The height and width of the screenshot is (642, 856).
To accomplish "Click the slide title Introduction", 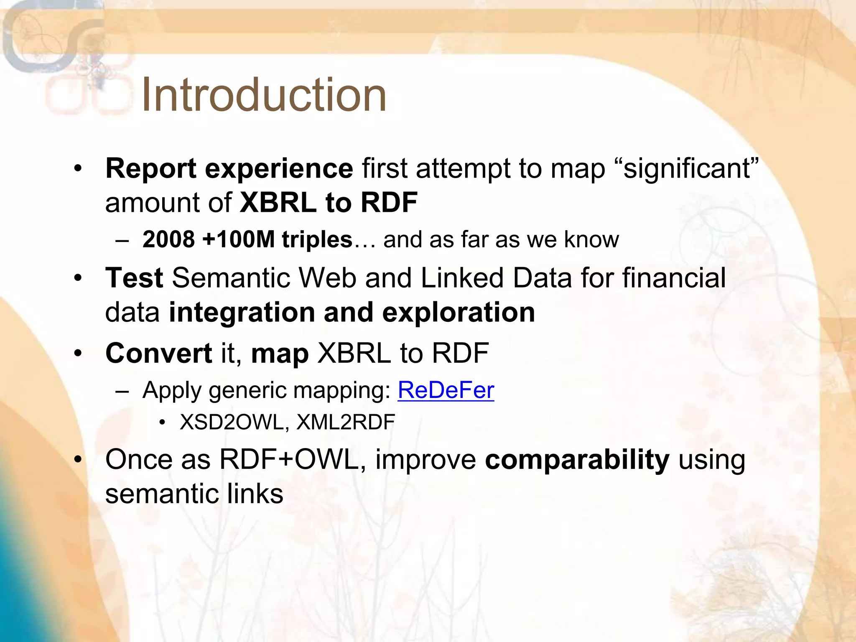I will click(x=264, y=95).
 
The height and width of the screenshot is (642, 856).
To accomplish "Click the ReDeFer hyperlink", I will click(x=446, y=390).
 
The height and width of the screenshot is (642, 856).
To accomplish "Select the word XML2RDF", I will click(x=345, y=422).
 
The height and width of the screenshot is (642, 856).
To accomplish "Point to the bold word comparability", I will click(x=577, y=460).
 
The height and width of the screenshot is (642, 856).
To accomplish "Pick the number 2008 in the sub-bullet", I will click(x=168, y=239).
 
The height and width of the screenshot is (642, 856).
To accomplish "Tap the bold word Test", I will click(x=134, y=278).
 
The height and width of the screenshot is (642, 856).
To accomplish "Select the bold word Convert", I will click(x=159, y=353).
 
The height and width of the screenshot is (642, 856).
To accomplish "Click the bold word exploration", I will click(x=459, y=312).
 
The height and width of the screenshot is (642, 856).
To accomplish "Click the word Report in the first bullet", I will click(x=150, y=169).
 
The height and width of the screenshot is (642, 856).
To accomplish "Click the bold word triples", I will click(x=317, y=239).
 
